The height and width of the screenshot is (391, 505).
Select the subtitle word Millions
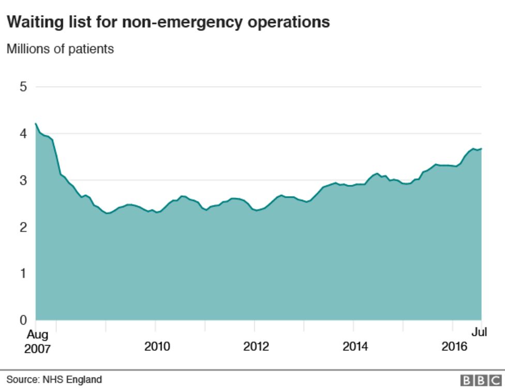(x=26, y=49)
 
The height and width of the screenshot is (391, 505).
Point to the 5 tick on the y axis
(x=23, y=87)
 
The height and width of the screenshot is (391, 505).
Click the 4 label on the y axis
(x=23, y=133)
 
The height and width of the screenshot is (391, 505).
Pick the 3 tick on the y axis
(x=23, y=180)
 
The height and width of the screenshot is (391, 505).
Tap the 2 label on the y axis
(x=23, y=227)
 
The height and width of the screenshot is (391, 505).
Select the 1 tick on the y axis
(x=23, y=273)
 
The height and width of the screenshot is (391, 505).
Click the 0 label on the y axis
(x=23, y=320)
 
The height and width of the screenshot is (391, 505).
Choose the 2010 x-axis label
(x=157, y=347)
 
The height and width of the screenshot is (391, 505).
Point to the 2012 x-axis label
(x=256, y=347)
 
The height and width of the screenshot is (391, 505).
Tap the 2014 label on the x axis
(x=355, y=347)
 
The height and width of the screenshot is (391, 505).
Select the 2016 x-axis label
(x=454, y=347)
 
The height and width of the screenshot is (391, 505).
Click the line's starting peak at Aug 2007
(x=36, y=123)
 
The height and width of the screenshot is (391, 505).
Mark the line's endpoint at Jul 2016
(x=481, y=149)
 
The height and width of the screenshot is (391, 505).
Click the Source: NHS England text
(x=54, y=380)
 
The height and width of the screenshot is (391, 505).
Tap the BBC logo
(x=481, y=381)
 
